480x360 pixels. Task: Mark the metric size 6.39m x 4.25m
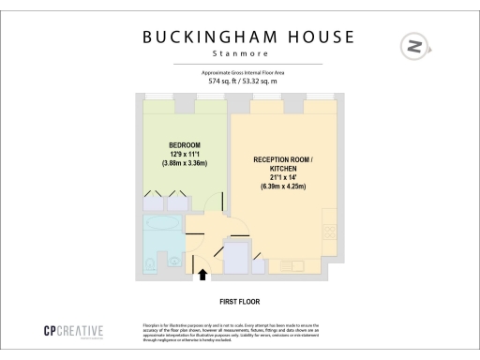click(x=284, y=186)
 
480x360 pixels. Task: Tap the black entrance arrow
click(x=203, y=274)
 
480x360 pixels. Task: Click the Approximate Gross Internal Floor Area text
click(x=241, y=72)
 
